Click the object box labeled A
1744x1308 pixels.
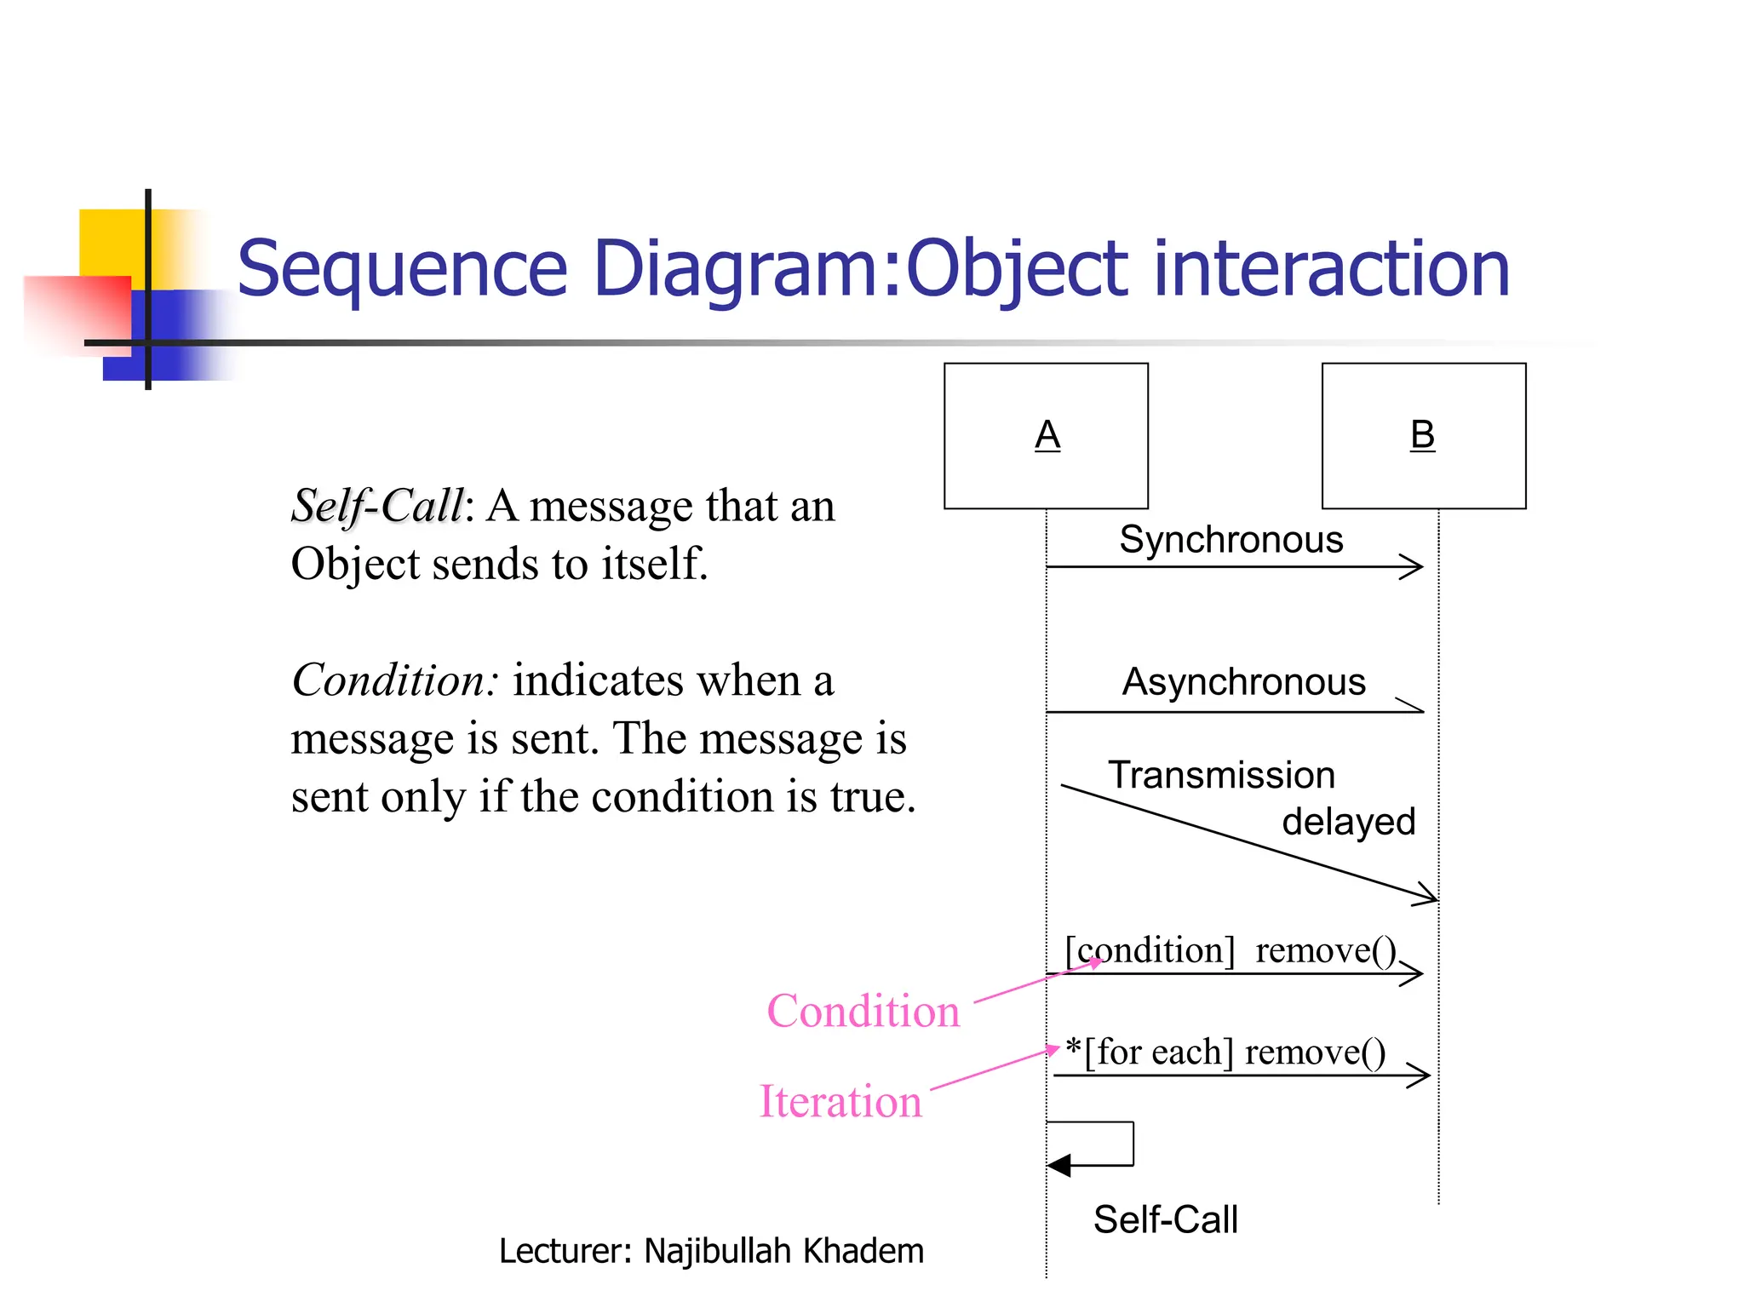[x=1046, y=435]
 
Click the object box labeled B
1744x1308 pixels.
[x=1423, y=435]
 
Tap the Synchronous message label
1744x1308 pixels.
[x=1231, y=540]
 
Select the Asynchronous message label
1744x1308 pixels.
[x=1243, y=682]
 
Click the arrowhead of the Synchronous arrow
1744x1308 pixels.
[x=1414, y=567]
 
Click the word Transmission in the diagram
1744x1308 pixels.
[x=1221, y=776]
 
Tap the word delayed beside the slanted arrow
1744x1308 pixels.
[x=1348, y=823]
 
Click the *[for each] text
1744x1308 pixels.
[x=1150, y=1053]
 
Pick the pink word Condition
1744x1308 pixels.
[x=863, y=1012]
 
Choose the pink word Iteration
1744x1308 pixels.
[x=840, y=1102]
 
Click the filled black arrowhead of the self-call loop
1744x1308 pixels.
[x=1058, y=1165]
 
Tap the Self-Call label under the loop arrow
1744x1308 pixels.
[x=1165, y=1220]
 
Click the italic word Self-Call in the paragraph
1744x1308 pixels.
[x=377, y=506]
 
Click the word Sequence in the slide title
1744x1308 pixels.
[x=402, y=269]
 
